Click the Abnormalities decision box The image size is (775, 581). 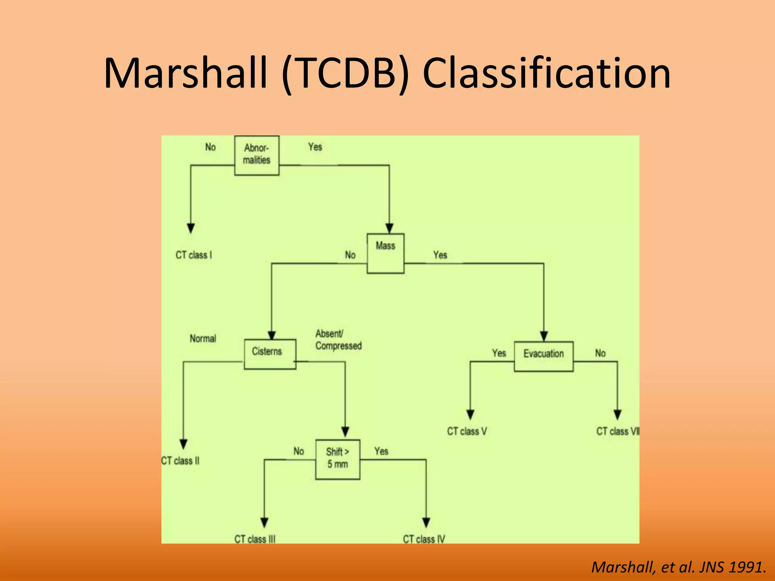coord(257,155)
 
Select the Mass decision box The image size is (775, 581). coord(385,253)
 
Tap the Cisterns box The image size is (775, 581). coord(269,354)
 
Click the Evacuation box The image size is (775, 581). coord(543,356)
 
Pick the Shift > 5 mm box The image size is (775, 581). coord(338,459)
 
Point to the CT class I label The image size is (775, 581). coord(194,255)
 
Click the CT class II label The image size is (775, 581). coord(181,461)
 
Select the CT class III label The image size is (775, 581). coord(255,539)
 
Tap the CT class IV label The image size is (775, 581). coord(424,539)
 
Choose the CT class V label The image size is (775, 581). coord(467,431)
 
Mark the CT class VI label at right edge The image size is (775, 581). coord(617,431)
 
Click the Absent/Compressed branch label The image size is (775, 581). coord(338,340)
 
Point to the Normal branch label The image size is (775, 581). coord(203,339)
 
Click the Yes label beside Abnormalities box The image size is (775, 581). coord(315,147)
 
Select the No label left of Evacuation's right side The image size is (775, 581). coord(600,353)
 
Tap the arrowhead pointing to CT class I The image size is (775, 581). coord(191,228)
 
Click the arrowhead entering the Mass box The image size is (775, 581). coord(389,228)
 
